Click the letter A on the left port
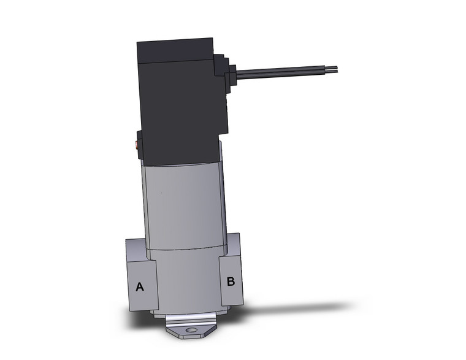[x=140, y=286]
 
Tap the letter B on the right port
[x=231, y=281]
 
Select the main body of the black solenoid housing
[x=178, y=110]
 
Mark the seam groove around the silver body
[x=184, y=248]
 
